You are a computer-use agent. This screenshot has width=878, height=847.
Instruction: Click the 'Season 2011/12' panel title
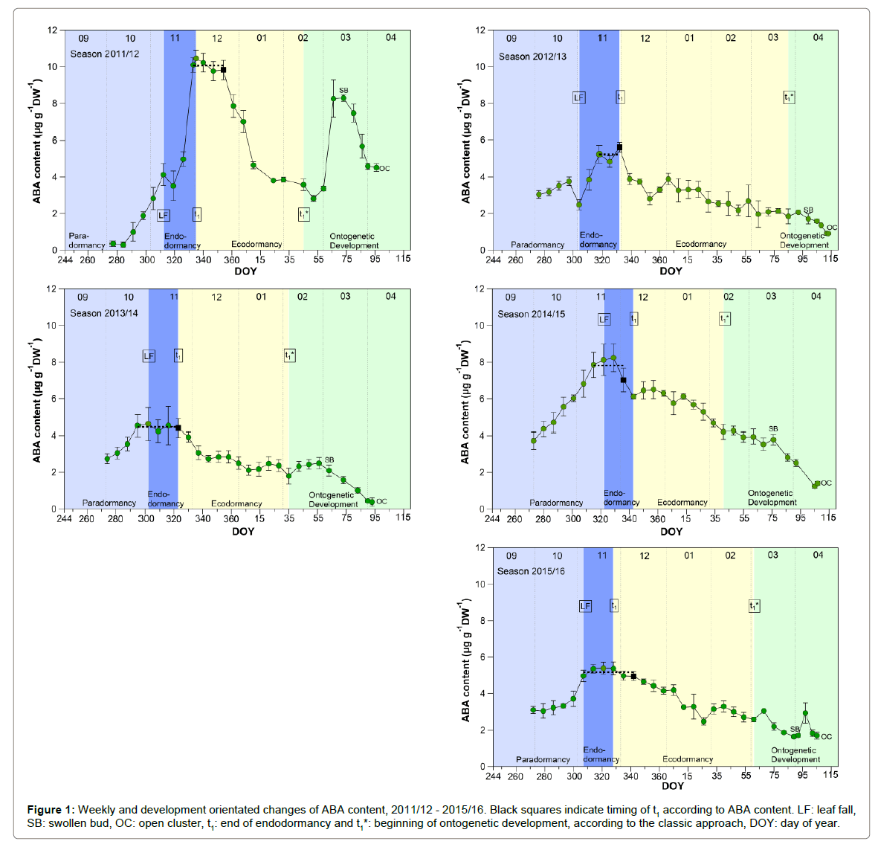[x=105, y=54]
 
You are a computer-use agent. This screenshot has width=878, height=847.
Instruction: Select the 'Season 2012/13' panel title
[x=532, y=57]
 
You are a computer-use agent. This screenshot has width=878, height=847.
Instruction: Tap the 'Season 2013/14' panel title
[x=104, y=313]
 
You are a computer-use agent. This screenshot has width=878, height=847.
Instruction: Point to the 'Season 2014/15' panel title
[x=531, y=314]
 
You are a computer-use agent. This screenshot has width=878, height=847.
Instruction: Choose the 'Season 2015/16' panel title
[x=531, y=571]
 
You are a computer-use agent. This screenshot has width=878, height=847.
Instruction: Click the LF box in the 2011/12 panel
[x=164, y=215]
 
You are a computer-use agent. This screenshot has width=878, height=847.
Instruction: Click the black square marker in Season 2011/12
[x=223, y=70]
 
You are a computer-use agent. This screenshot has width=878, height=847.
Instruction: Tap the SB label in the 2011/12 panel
[x=343, y=91]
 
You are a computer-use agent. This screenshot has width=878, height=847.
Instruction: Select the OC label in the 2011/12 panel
[x=384, y=169]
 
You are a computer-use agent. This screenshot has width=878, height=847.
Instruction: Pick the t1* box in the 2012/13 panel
[x=789, y=97]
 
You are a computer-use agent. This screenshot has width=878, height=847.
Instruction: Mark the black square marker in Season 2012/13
[x=619, y=147]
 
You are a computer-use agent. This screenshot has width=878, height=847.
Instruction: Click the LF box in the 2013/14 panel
[x=149, y=356]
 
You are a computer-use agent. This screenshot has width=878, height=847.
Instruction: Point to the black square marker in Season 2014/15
[x=623, y=380]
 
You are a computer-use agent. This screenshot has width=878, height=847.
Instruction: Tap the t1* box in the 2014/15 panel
[x=725, y=319]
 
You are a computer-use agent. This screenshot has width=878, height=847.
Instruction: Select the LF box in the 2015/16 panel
[x=585, y=606]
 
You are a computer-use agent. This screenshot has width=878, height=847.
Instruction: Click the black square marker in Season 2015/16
[x=633, y=676]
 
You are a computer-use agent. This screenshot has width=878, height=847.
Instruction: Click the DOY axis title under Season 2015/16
[x=672, y=785]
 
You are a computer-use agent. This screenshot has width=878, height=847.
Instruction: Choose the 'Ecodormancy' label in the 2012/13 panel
[x=700, y=244]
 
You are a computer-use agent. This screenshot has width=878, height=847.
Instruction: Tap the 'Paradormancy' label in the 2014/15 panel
[x=555, y=503]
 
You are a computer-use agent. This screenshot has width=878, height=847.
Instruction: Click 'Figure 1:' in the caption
[x=51, y=810]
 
